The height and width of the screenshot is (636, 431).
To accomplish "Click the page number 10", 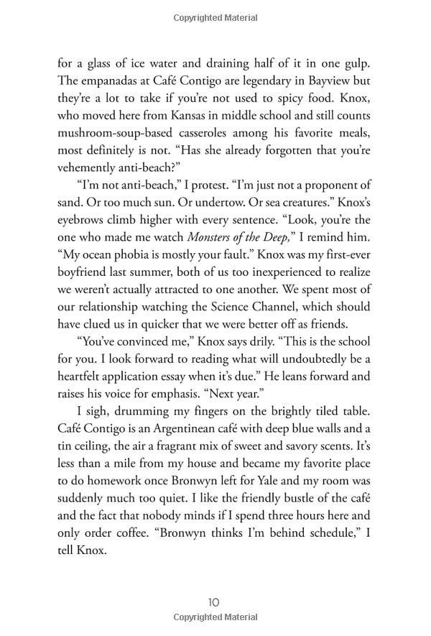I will (214, 602).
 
